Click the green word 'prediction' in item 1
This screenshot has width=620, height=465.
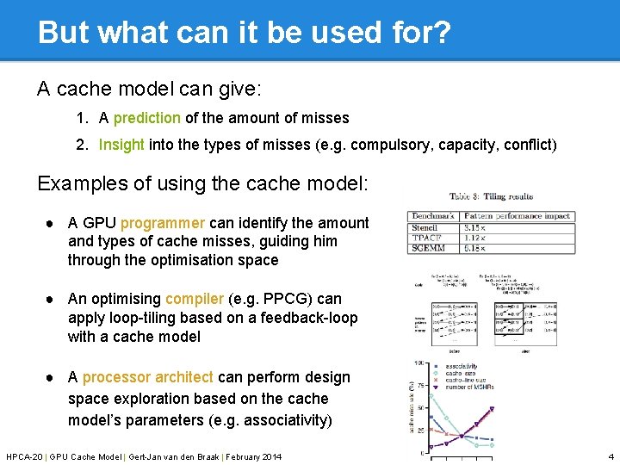pyautogui.click(x=146, y=118)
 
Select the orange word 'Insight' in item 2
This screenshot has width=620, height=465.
pyautogui.click(x=121, y=145)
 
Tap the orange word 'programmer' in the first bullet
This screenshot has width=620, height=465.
pyautogui.click(x=163, y=223)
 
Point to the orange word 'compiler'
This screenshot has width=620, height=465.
pyautogui.click(x=195, y=299)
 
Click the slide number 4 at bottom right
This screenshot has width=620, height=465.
pyautogui.click(x=611, y=456)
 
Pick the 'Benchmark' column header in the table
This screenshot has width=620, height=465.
pyautogui.click(x=432, y=216)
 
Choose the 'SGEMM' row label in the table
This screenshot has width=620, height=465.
pyautogui.click(x=428, y=249)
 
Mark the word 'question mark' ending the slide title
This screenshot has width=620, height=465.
pyautogui.click(x=441, y=33)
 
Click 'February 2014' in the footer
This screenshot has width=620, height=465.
pyautogui.click(x=251, y=456)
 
